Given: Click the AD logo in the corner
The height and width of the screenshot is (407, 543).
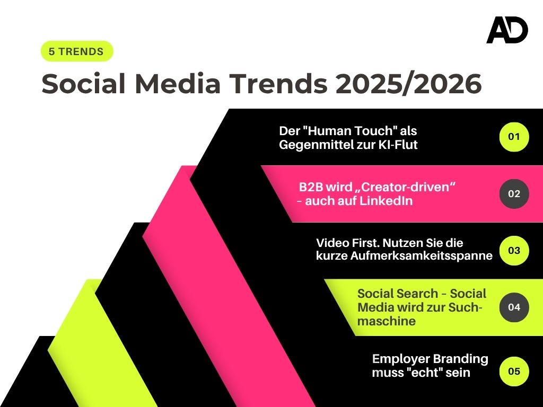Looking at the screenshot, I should [x=507, y=30].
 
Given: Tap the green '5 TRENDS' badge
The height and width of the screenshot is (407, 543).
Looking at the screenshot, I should [x=77, y=51].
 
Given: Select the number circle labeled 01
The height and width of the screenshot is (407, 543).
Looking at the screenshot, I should [x=514, y=137].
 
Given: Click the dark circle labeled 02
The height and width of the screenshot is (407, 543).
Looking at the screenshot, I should [x=514, y=193].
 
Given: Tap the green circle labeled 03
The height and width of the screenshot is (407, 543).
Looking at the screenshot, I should [x=514, y=250].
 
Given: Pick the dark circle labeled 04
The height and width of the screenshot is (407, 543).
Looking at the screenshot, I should [x=514, y=307].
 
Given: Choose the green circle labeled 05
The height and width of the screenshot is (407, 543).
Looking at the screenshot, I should [x=514, y=371].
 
